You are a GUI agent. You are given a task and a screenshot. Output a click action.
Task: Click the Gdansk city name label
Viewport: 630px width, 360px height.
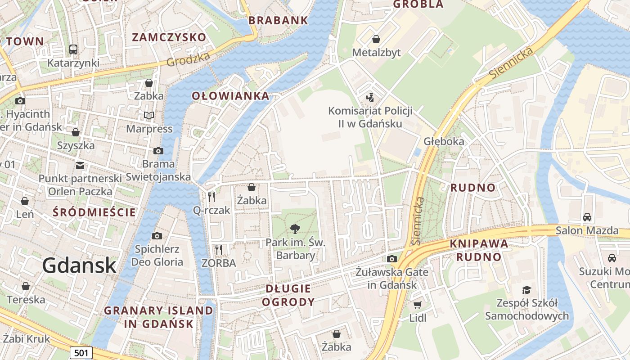tap(80, 265)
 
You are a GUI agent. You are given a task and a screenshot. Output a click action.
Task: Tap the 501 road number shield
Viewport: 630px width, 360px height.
tap(81, 352)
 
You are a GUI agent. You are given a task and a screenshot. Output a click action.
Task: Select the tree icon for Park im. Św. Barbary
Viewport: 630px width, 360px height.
tap(295, 229)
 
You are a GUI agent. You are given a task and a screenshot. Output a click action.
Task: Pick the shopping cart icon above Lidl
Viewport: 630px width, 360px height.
tap(418, 305)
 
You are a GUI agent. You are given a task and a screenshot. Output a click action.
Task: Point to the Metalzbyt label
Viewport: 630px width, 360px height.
tap(376, 53)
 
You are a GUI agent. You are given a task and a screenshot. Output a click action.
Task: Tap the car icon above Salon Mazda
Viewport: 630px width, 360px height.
tap(587, 217)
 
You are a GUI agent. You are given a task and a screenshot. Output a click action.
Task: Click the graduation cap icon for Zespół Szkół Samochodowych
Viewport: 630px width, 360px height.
tap(526, 290)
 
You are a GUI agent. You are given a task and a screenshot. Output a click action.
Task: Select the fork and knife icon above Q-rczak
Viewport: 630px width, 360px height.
tap(211, 197)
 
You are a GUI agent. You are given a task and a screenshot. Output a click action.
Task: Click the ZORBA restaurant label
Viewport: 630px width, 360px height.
tap(219, 263)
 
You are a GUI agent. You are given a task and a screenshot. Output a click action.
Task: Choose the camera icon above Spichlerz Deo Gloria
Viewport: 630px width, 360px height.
tap(157, 236)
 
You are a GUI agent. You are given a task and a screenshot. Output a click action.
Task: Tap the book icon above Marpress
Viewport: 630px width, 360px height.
tap(149, 115)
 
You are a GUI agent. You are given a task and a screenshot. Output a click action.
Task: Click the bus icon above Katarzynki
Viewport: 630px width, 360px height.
tap(73, 49)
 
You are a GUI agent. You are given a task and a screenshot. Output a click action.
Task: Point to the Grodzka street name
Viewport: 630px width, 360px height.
tap(188, 59)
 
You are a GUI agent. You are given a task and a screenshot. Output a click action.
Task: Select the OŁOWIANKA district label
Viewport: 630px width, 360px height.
tap(230, 95)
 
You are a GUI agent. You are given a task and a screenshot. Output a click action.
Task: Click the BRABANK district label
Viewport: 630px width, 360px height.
tap(278, 20)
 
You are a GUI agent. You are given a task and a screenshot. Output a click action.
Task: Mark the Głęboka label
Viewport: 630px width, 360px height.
tap(444, 141)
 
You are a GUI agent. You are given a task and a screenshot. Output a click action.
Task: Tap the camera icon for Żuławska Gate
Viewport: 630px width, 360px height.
tap(392, 259)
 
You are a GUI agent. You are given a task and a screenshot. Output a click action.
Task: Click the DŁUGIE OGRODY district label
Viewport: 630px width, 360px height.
tap(288, 295)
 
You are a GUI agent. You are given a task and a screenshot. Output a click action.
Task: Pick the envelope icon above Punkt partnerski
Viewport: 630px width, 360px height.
tap(80, 165)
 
